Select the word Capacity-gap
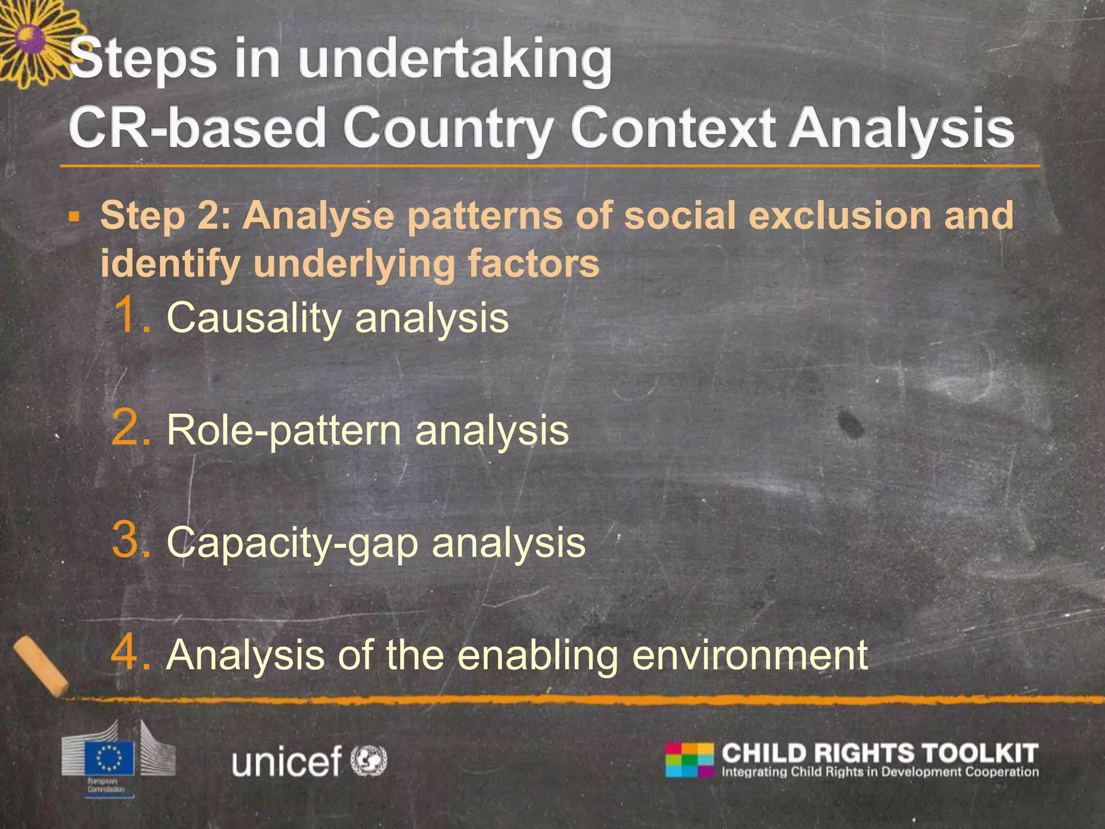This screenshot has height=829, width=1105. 292,543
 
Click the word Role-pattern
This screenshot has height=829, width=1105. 284,431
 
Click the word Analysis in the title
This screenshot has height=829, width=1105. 901,128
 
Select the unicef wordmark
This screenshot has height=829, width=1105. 287,762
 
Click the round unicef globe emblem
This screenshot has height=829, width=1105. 369,760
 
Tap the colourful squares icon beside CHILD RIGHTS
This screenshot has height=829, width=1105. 690,759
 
